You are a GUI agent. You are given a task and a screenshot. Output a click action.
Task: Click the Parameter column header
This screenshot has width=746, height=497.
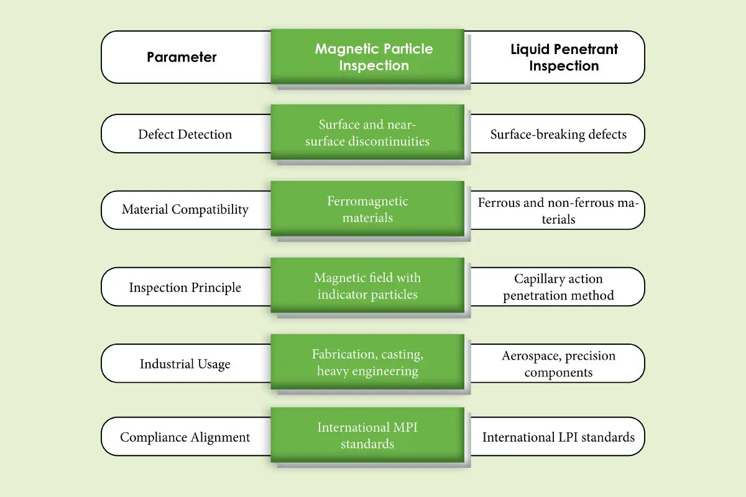182,57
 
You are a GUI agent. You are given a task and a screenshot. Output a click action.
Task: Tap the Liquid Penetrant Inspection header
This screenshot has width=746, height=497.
564,57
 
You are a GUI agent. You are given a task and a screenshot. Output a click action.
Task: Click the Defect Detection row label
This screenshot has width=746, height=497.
185,134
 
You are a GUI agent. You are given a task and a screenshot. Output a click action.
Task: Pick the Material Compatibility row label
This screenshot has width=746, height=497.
185,210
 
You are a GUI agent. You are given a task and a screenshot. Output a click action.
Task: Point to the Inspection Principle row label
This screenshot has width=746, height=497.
185,287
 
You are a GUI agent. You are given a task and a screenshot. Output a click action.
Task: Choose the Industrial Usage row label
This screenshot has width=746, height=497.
185,363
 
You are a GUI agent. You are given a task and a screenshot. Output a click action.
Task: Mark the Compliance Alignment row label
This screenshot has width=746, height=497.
185,437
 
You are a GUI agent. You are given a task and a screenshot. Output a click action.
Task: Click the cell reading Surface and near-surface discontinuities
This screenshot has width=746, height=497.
367,132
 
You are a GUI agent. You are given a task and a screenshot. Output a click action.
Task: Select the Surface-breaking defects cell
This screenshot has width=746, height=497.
558,134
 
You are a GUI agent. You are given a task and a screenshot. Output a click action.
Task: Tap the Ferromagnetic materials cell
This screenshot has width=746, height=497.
367,209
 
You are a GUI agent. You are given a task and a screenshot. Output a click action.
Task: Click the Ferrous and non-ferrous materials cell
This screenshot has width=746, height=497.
558,211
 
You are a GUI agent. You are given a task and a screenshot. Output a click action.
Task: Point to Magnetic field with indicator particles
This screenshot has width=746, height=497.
367,286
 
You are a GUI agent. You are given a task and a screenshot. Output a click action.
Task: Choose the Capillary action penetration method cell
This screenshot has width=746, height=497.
558,287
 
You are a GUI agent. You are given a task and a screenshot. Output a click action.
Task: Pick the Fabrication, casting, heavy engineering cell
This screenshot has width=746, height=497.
367,363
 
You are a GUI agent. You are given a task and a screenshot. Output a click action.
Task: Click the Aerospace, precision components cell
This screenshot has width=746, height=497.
558,364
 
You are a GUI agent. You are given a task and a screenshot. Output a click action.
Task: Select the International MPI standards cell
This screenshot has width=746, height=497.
367,435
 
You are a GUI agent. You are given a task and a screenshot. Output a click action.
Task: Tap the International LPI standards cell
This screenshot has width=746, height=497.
558,437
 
